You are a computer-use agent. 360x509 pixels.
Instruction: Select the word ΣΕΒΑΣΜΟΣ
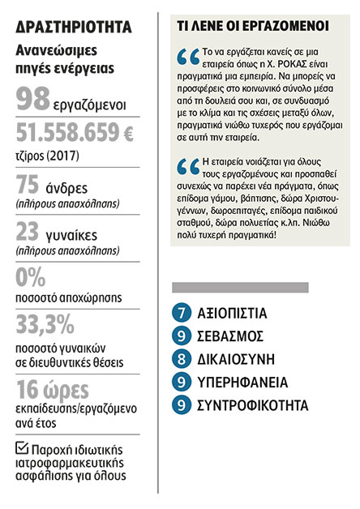(x=228, y=336)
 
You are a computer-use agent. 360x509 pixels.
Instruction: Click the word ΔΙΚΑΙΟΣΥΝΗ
(x=236, y=357)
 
